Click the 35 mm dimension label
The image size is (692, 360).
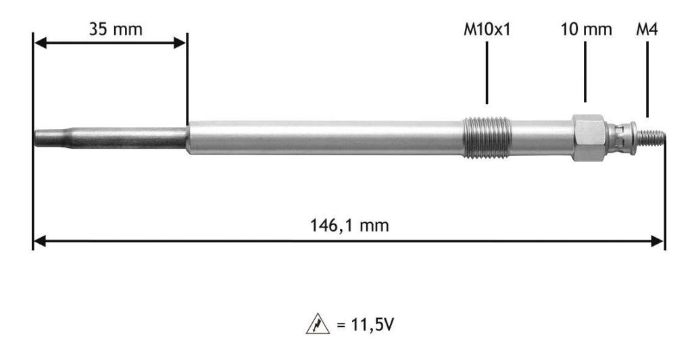click(116, 30)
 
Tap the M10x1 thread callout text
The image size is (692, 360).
click(487, 30)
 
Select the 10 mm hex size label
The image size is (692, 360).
click(586, 30)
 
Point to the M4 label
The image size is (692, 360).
click(647, 30)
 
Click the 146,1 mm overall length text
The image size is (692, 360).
click(349, 226)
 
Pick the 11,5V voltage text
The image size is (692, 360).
click(365, 325)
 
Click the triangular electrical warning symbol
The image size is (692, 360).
click(318, 324)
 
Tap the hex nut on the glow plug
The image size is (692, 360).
click(589, 138)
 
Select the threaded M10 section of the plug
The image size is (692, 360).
click(487, 137)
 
